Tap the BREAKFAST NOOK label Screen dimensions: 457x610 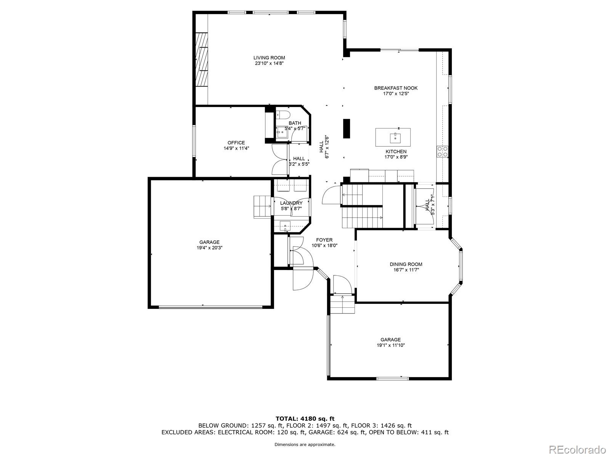click(396, 88)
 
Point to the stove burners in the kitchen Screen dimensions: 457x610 click(442, 152)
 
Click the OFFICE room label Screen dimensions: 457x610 click(236, 143)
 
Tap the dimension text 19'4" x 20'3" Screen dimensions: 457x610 click(209, 248)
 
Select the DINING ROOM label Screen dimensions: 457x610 click(406, 264)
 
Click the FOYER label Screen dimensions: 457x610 click(324, 240)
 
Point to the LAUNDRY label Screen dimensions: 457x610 click(291, 203)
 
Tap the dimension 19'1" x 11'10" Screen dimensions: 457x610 click(390, 345)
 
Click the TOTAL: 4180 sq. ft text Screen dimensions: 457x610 click(305, 419)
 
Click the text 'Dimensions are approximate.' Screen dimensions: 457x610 click(305, 444)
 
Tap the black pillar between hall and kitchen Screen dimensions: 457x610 click(347, 128)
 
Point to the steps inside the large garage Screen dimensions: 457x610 click(262, 206)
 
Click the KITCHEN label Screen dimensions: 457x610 click(396, 152)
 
